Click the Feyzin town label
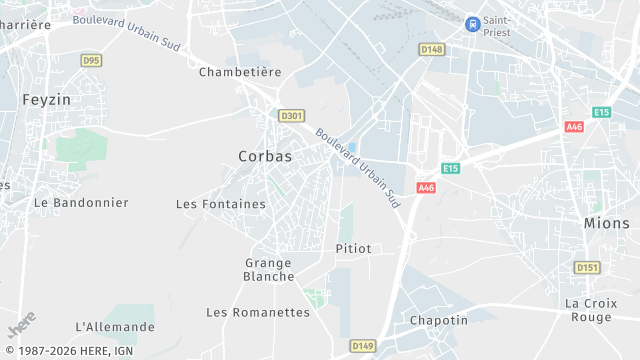click(46, 100)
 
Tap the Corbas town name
click(265, 156)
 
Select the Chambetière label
click(240, 72)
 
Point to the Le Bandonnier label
click(81, 202)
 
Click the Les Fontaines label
click(221, 204)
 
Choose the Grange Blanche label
click(269, 270)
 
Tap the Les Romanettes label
click(258, 312)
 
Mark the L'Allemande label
click(115, 327)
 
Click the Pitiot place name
click(354, 248)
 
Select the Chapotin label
click(438, 320)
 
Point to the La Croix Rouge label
click(588, 310)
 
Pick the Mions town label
click(607, 223)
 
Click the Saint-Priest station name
click(497, 26)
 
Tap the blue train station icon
click(472, 23)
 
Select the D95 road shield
click(91, 60)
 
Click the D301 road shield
click(291, 116)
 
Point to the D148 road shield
click(431, 49)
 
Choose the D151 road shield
click(586, 267)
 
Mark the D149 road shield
click(362, 346)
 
